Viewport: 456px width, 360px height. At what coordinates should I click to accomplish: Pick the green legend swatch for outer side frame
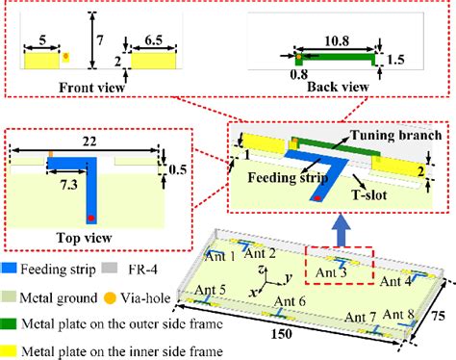(14, 312)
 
